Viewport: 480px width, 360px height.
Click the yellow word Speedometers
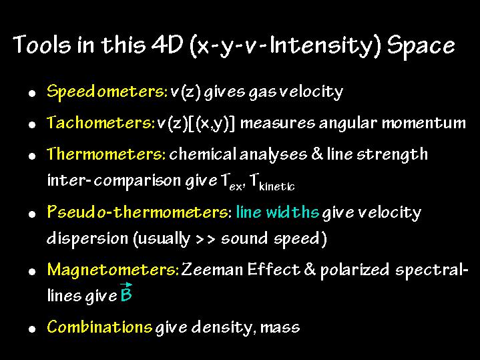point(107,92)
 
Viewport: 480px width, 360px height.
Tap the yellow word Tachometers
point(101,122)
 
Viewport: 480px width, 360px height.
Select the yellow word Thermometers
point(106,154)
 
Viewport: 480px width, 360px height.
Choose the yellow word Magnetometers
point(113,270)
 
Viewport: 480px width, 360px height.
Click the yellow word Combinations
point(99,327)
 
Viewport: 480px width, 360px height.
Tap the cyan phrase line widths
point(278,212)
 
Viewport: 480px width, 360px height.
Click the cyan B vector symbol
point(126,293)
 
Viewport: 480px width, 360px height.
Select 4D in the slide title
point(167,45)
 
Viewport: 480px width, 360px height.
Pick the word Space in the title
point(421,46)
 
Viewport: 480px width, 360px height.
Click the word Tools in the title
point(42,45)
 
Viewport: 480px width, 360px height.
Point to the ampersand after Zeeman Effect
point(310,270)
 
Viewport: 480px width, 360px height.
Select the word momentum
point(424,123)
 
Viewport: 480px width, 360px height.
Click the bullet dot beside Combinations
point(32,329)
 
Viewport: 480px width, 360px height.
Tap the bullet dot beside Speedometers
point(32,94)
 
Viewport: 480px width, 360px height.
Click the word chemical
point(203,154)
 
